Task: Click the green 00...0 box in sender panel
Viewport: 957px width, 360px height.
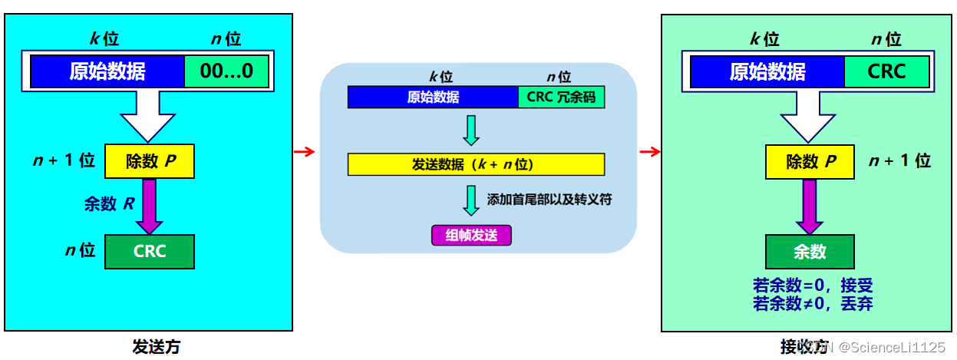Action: [x=227, y=72]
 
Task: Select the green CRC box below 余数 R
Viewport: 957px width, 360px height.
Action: [x=150, y=251]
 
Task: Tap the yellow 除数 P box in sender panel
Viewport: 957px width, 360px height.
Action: [x=150, y=162]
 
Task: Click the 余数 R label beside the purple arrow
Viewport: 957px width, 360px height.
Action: [x=109, y=204]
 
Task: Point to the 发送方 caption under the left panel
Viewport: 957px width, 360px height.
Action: [x=156, y=347]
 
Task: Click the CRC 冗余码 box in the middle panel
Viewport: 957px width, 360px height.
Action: [x=561, y=97]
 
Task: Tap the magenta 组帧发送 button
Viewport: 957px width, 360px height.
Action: [x=471, y=235]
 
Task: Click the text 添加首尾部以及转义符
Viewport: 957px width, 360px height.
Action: [x=549, y=200]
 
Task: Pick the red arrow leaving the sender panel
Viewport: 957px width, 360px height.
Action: [x=305, y=152]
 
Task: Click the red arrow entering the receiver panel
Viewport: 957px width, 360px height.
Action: [x=649, y=152]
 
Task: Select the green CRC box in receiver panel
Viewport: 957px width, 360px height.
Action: [x=886, y=72]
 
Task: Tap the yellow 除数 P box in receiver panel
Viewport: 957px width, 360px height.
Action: [x=810, y=162]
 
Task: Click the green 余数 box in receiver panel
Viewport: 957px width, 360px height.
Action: [x=810, y=251]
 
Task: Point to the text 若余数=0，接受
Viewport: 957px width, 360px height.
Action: [x=813, y=286]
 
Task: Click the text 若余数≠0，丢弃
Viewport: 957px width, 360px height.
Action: [x=813, y=303]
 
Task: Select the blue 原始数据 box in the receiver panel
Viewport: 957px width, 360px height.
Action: [x=767, y=72]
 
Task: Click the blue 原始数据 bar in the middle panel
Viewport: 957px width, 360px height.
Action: [x=433, y=97]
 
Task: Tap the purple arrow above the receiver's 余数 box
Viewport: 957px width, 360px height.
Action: [x=810, y=206]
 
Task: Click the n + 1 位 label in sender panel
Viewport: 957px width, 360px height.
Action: [x=65, y=160]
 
